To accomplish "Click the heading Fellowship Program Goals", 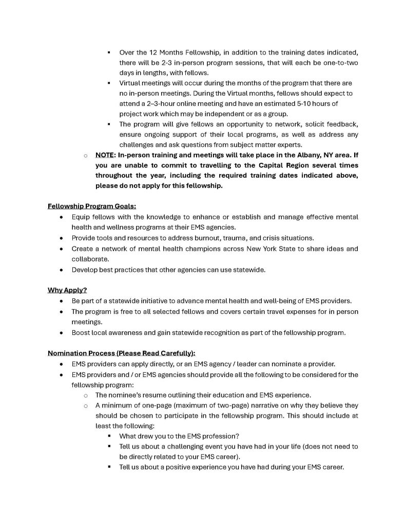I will pos(92,206).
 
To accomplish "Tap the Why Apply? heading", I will pos(67,290).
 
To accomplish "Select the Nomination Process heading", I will pos(121,353).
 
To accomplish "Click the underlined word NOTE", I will pos(105,155).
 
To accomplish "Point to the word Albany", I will pos(294,155).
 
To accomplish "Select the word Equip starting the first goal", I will pos(81,217).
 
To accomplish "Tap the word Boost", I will pos(81,332).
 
